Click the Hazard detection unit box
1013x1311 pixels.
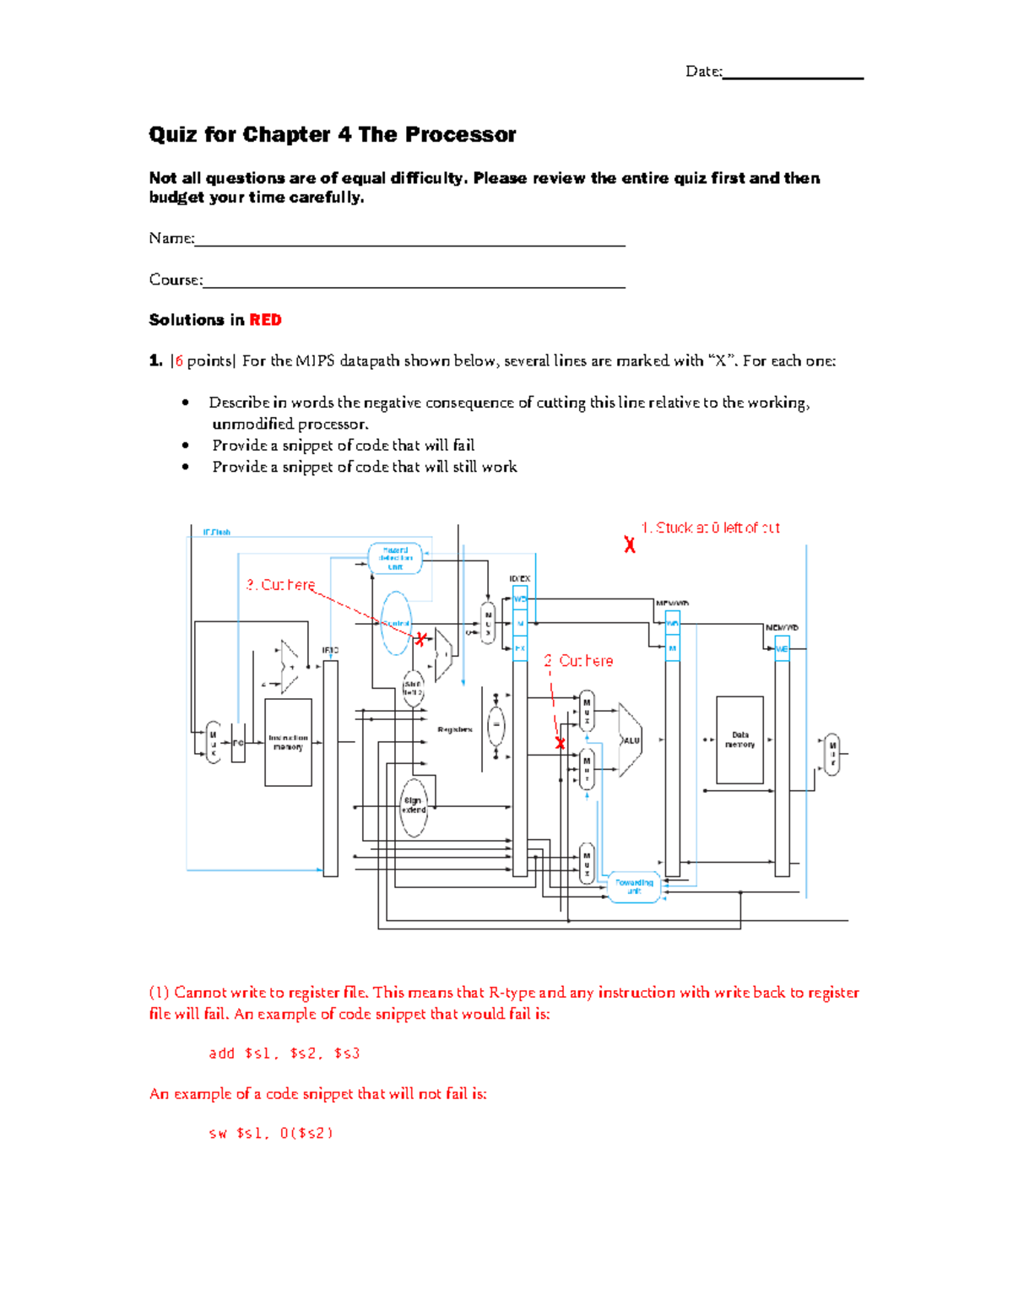395,558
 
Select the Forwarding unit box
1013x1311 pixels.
634,887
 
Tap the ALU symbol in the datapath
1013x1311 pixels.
630,740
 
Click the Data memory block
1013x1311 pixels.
739,740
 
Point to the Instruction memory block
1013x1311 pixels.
288,742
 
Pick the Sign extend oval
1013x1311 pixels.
413,805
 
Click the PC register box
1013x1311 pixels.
238,743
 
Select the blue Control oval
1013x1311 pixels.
396,624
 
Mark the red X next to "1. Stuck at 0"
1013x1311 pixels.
630,545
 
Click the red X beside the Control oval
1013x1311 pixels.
421,639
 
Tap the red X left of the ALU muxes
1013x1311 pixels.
560,743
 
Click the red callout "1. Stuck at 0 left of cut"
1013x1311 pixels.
710,528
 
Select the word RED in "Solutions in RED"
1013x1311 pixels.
265,320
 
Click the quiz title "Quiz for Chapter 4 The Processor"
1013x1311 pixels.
332,135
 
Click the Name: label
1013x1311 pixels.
171,239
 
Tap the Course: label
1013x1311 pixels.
176,280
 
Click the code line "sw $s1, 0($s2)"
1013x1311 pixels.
271,1134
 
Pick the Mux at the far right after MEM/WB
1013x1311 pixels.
832,754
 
